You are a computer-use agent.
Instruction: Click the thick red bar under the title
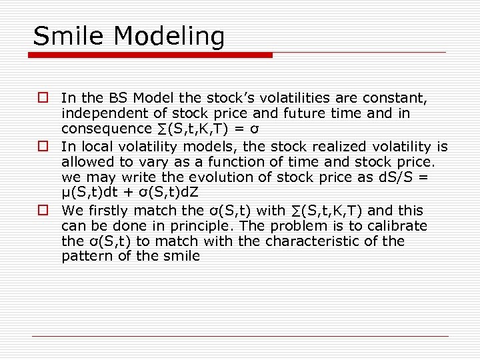pyautogui.click(x=153, y=55)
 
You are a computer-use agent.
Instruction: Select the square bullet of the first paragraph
pyautogui.click(x=42, y=98)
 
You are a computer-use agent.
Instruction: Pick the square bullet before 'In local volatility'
pyautogui.click(x=42, y=147)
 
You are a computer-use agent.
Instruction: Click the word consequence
pyautogui.click(x=104, y=129)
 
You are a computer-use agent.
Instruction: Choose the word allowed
pyautogui.click(x=87, y=162)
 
